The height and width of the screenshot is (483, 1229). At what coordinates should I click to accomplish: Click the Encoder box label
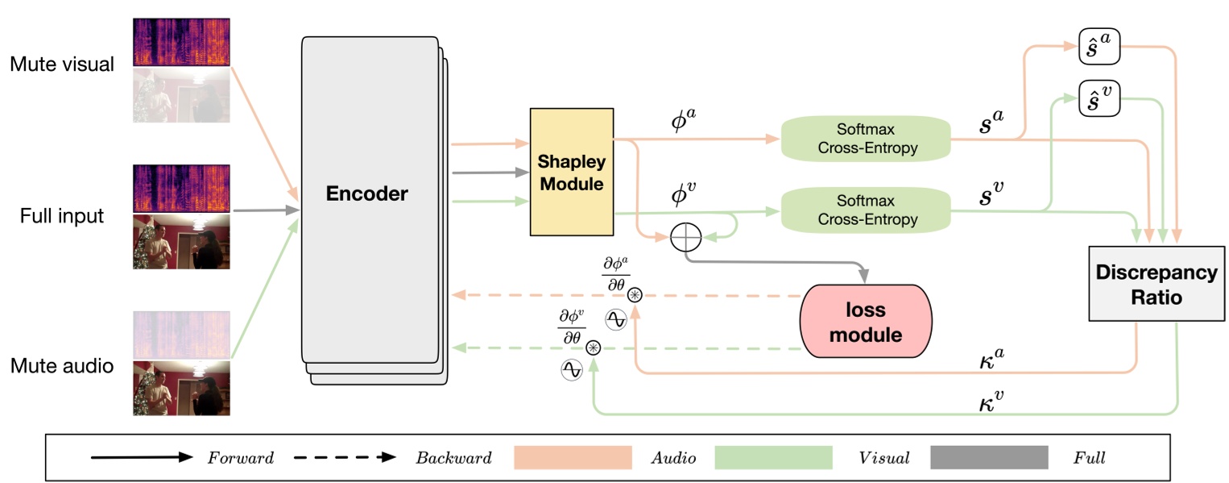coord(366,194)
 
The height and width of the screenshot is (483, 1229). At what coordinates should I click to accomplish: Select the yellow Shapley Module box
coord(571,172)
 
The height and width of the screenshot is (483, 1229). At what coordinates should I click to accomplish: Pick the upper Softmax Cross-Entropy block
coord(866,139)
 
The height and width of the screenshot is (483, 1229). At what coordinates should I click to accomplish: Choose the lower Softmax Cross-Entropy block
coord(866,210)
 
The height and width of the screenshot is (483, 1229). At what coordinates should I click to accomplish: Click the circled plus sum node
coord(686,236)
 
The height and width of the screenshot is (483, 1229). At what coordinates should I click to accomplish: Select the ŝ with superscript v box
coord(1099,98)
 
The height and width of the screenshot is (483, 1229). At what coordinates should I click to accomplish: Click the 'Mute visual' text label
coord(61,65)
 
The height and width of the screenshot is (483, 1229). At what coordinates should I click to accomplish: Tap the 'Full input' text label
coord(62,215)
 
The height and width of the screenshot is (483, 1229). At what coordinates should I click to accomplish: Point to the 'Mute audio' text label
coord(61,366)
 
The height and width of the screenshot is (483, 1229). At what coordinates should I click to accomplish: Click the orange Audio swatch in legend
coord(572,457)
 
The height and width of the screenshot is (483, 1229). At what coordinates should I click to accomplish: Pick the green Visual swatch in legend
coord(772,457)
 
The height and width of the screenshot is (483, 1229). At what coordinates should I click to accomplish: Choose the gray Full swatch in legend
coord(989,457)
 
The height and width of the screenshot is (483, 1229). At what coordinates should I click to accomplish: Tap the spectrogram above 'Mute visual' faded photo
coord(181,42)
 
